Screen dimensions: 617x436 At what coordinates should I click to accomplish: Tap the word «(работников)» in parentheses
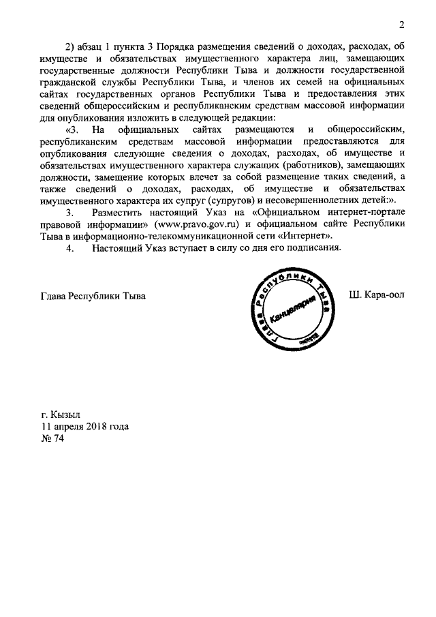tap(305, 166)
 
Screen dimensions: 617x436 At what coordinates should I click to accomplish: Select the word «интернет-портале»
tap(363, 213)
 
